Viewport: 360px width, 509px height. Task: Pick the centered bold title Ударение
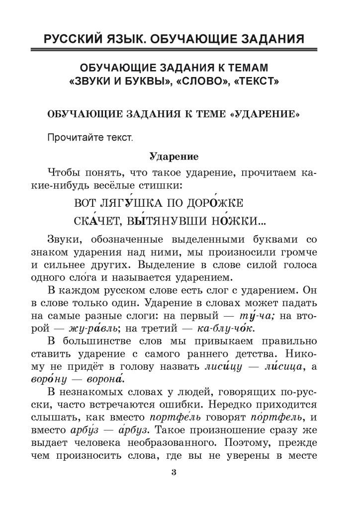point(174,157)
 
